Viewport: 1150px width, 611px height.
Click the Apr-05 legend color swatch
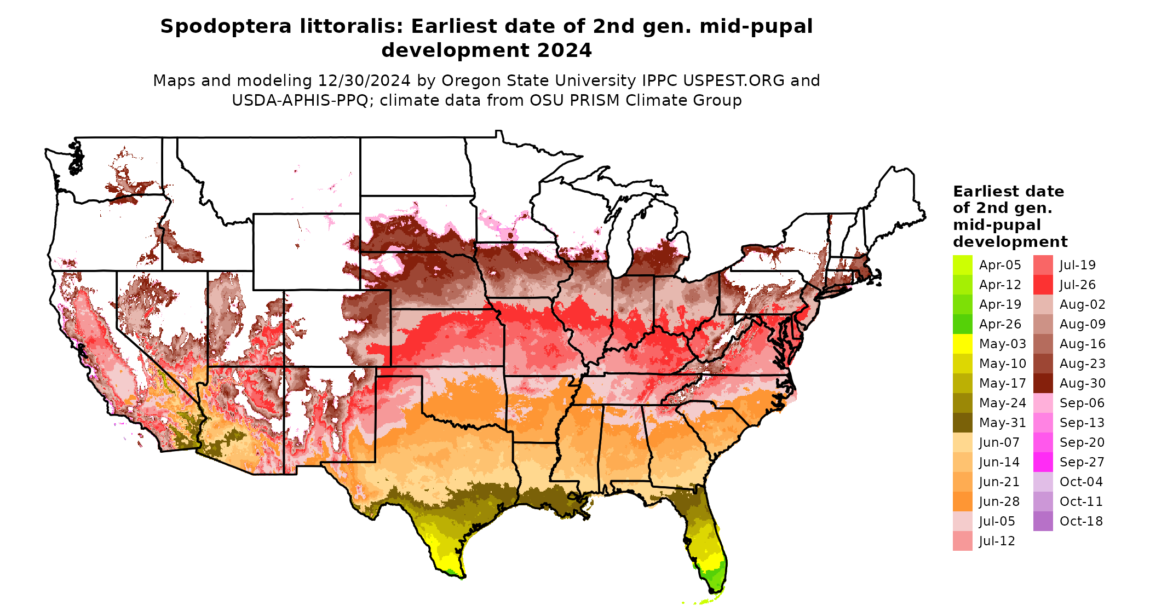click(962, 265)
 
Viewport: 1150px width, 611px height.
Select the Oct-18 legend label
click(1081, 521)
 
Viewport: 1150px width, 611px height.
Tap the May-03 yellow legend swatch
click(962, 344)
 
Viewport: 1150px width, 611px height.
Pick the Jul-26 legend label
click(1077, 285)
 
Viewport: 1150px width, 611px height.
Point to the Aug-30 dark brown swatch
click(1043, 383)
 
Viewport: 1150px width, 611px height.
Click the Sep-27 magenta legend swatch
click(1043, 462)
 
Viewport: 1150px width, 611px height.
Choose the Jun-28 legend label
click(999, 502)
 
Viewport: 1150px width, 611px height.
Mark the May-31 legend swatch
click(962, 423)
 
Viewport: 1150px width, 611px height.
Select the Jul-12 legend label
click(997, 541)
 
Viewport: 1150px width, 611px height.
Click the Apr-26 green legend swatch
click(962, 324)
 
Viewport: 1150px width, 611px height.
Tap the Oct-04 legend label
click(1081, 482)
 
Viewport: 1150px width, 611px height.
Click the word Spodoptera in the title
click(226, 26)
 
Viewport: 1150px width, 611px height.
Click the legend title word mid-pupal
click(997, 225)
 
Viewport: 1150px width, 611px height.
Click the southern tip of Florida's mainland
click(714, 591)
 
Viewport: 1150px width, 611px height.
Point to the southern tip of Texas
click(463, 577)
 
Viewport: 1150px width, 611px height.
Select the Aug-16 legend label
click(1082, 344)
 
